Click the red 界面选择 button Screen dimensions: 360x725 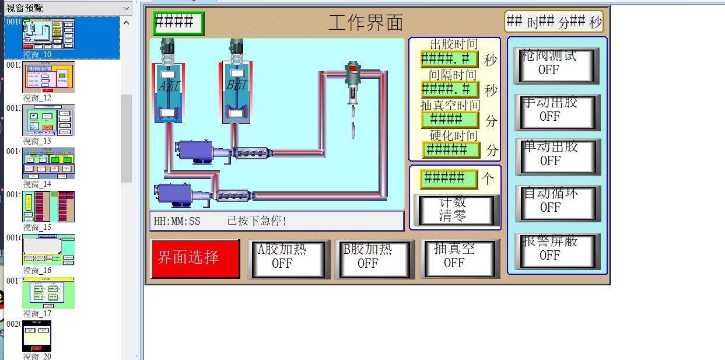coord(195,258)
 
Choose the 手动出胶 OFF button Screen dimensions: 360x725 coord(557,111)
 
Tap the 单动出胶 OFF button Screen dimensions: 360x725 coord(558,156)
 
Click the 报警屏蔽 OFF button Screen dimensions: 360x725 coord(558,251)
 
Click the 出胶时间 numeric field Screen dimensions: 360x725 coord(449,59)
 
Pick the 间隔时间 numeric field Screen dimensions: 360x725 coord(449,89)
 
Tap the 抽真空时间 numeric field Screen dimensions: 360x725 coord(449,120)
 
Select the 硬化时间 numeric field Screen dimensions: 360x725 coord(451,150)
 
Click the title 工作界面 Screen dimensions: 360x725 coord(366,23)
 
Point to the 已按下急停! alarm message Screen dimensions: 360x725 coord(257,221)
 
